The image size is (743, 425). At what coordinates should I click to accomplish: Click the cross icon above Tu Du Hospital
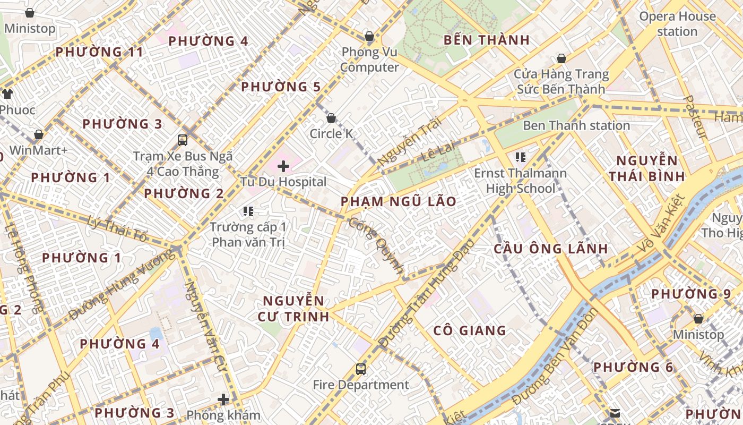point(283,166)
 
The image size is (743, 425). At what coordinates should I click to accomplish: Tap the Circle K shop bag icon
point(331,118)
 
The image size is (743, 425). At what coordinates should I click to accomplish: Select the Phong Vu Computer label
point(369,59)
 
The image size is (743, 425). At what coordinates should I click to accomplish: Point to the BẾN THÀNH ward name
point(487,40)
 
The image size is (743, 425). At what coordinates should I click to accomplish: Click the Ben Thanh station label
point(576,126)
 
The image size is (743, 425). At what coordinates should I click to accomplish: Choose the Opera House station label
point(677,24)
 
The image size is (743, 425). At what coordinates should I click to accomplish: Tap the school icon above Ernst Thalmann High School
point(520,157)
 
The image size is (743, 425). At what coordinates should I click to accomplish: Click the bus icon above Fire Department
point(361,369)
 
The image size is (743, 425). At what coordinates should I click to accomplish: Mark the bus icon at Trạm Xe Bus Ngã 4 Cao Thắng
point(183,140)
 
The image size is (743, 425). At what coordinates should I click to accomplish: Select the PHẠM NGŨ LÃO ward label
point(398,202)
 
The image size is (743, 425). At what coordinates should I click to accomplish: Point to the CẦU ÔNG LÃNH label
point(550,249)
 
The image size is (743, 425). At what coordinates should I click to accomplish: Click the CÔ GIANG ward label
point(470,331)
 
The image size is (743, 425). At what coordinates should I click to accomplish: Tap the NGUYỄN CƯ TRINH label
point(293,309)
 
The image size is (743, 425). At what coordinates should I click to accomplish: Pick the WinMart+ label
point(39,150)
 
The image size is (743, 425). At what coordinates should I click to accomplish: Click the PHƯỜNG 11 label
point(99,52)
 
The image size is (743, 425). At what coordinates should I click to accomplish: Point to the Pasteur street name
point(695,117)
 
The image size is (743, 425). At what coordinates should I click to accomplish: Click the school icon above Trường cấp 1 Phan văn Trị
point(248,211)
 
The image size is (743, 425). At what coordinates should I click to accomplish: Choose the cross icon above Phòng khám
point(223,399)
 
